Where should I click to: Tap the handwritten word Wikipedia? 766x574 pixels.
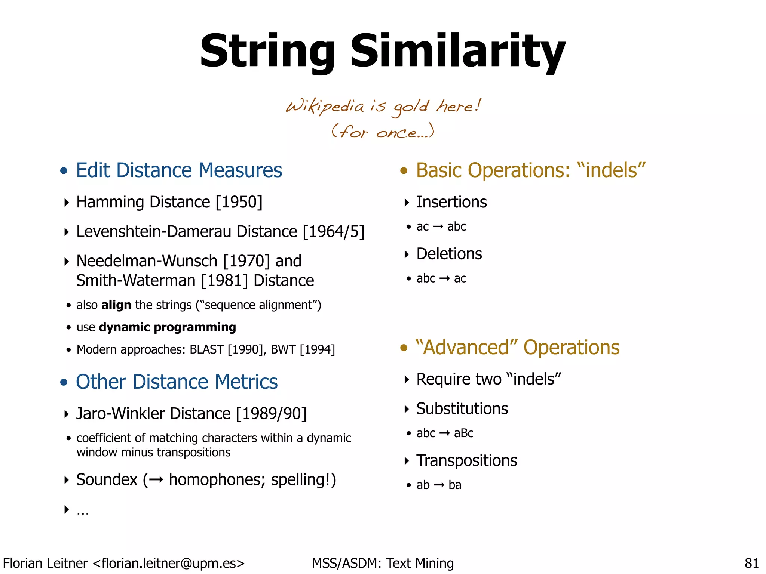[325, 107]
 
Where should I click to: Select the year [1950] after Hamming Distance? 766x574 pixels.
[239, 202]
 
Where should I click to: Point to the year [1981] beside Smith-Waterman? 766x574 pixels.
[224, 281]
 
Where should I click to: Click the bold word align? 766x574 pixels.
[116, 305]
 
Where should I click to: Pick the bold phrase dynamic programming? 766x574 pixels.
[168, 327]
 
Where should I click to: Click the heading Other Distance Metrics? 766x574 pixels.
[177, 382]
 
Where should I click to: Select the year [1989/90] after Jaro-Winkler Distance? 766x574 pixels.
[272, 414]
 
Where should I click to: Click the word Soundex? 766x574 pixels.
[107, 480]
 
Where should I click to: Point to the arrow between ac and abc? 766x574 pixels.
[438, 227]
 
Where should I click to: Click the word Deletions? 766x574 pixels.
[449, 254]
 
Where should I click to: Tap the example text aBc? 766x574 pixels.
[463, 433]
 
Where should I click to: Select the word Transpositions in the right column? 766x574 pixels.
[466, 461]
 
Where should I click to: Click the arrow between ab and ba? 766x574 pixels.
[439, 485]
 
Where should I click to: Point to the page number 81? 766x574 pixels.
[751, 563]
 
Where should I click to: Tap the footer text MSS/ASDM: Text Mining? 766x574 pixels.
[383, 563]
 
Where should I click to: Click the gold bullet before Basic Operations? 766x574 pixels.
[404, 171]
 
